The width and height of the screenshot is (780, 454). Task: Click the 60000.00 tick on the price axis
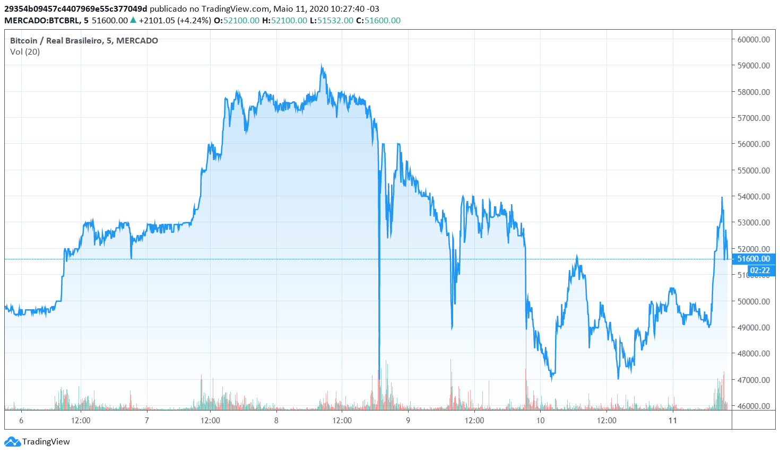[x=753, y=39]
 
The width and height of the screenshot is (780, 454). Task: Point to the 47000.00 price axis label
[x=753, y=380]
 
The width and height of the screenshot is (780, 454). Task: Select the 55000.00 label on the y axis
[x=753, y=170]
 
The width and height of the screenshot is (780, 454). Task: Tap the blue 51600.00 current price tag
[x=753, y=259]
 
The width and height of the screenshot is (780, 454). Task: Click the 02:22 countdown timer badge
[x=759, y=270]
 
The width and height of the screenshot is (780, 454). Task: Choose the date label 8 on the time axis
[x=276, y=421]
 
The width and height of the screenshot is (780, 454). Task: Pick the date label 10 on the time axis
[x=540, y=421]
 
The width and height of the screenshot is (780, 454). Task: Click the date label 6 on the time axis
[x=21, y=421]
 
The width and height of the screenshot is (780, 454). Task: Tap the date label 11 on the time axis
[x=673, y=421]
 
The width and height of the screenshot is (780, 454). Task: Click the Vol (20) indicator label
[x=25, y=51]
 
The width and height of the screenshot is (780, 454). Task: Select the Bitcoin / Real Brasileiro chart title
[x=84, y=40]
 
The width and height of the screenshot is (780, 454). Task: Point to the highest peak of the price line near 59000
[x=322, y=66]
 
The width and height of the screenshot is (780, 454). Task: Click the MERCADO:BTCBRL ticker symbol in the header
[x=42, y=20]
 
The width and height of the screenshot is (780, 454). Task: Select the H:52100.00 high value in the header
[x=284, y=20]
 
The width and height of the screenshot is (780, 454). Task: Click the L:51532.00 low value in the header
[x=331, y=20]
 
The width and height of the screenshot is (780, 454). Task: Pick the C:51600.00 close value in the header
[x=378, y=20]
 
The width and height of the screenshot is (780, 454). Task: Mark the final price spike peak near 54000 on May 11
[x=722, y=198]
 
